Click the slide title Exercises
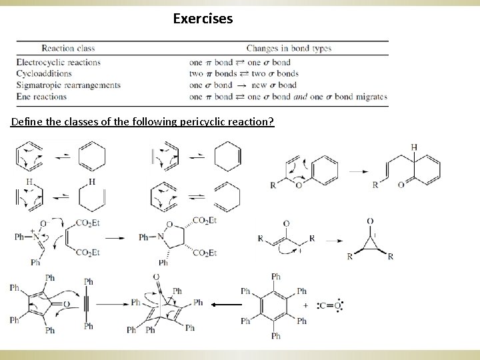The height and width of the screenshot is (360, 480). tap(203, 19)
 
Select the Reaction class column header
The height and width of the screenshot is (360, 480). tap(68, 48)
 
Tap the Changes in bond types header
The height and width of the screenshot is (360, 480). tap(288, 48)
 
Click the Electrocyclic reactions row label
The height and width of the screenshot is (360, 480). tap(58, 63)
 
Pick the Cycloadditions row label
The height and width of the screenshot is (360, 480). tap(45, 74)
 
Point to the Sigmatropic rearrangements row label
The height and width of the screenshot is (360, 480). tap(68, 85)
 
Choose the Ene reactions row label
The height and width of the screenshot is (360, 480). tap(41, 97)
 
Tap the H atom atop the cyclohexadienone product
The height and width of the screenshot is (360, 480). tap(415, 147)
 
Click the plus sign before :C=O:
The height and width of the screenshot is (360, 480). tap(305, 305)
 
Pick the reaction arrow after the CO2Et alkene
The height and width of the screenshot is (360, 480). tap(119, 237)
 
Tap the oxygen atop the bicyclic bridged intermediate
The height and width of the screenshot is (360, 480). tap(157, 276)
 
